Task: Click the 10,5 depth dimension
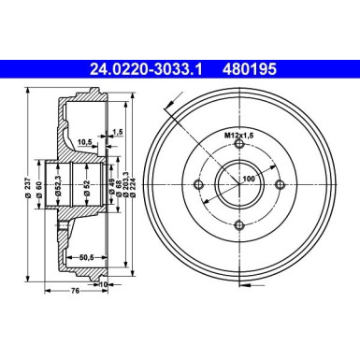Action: (x=83, y=143)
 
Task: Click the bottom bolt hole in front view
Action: (x=239, y=223)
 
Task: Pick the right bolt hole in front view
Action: (x=275, y=187)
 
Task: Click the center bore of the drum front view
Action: (x=239, y=187)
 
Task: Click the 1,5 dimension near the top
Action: (x=118, y=132)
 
